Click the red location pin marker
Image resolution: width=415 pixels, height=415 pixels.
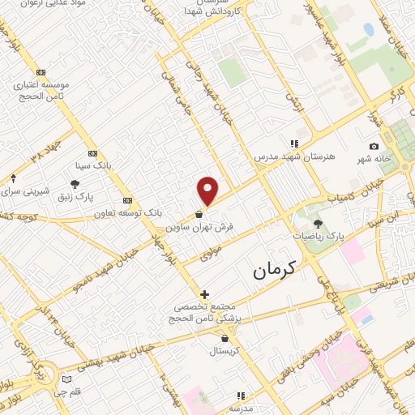[208, 190]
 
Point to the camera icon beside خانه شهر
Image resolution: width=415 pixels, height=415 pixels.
[374, 146]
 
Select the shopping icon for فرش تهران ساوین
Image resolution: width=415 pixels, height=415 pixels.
[199, 215]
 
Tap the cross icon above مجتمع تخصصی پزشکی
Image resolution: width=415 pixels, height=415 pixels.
[204, 294]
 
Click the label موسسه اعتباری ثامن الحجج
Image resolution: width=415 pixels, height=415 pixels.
[43, 88]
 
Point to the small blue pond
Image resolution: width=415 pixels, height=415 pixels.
[369, 30]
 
